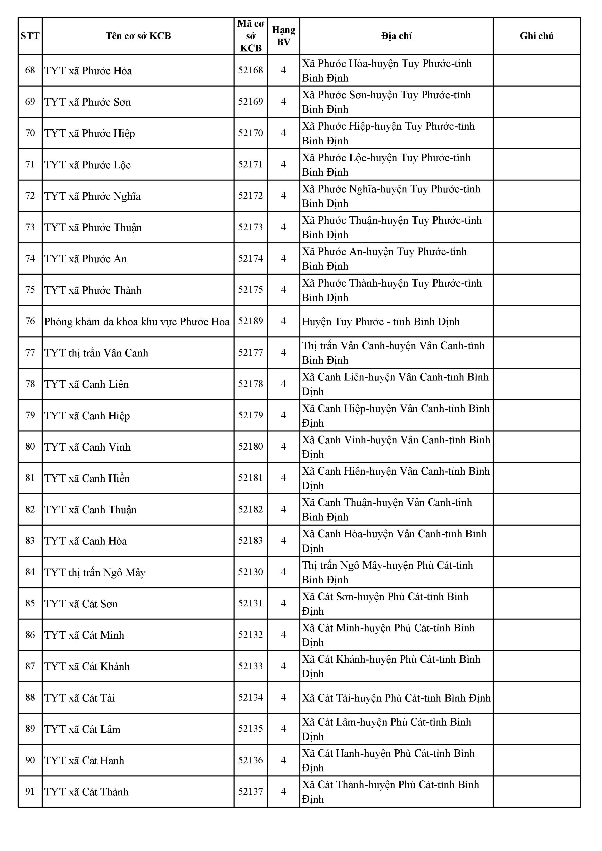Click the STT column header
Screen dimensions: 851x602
[30, 36]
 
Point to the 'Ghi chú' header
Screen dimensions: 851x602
[536, 36]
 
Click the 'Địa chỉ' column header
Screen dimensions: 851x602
[396, 36]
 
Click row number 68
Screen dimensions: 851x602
[30, 70]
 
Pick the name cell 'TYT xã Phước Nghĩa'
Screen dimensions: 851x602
[93, 196]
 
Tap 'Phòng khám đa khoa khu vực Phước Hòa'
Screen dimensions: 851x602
[137, 321]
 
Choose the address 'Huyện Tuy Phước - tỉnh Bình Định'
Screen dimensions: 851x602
[381, 321]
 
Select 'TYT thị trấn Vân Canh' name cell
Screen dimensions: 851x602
[96, 353]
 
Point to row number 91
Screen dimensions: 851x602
[30, 791]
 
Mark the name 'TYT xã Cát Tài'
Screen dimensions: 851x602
[80, 698]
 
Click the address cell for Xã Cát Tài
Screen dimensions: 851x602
[396, 698]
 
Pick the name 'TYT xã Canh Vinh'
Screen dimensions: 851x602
[88, 447]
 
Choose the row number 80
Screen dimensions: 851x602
[30, 447]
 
